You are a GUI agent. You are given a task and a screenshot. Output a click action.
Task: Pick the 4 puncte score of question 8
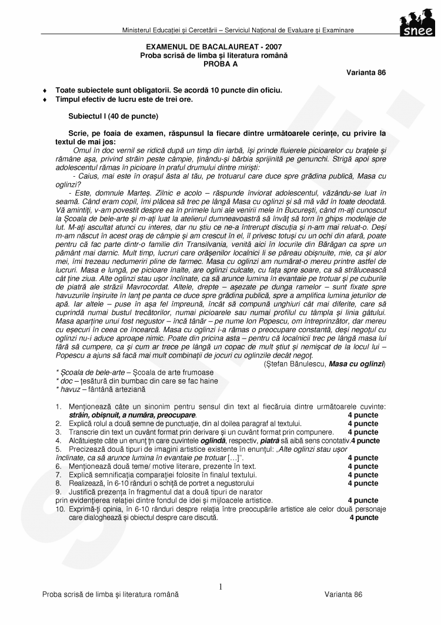click(x=363, y=484)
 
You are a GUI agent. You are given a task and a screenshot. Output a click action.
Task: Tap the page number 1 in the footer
click(x=220, y=587)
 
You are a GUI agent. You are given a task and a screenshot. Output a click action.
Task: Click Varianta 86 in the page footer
click(x=343, y=594)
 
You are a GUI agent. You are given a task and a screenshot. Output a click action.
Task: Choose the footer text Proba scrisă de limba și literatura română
click(x=110, y=594)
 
